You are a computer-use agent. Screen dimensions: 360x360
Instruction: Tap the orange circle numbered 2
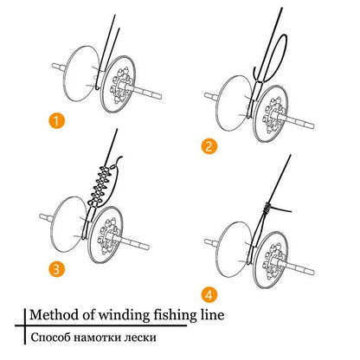209,146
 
